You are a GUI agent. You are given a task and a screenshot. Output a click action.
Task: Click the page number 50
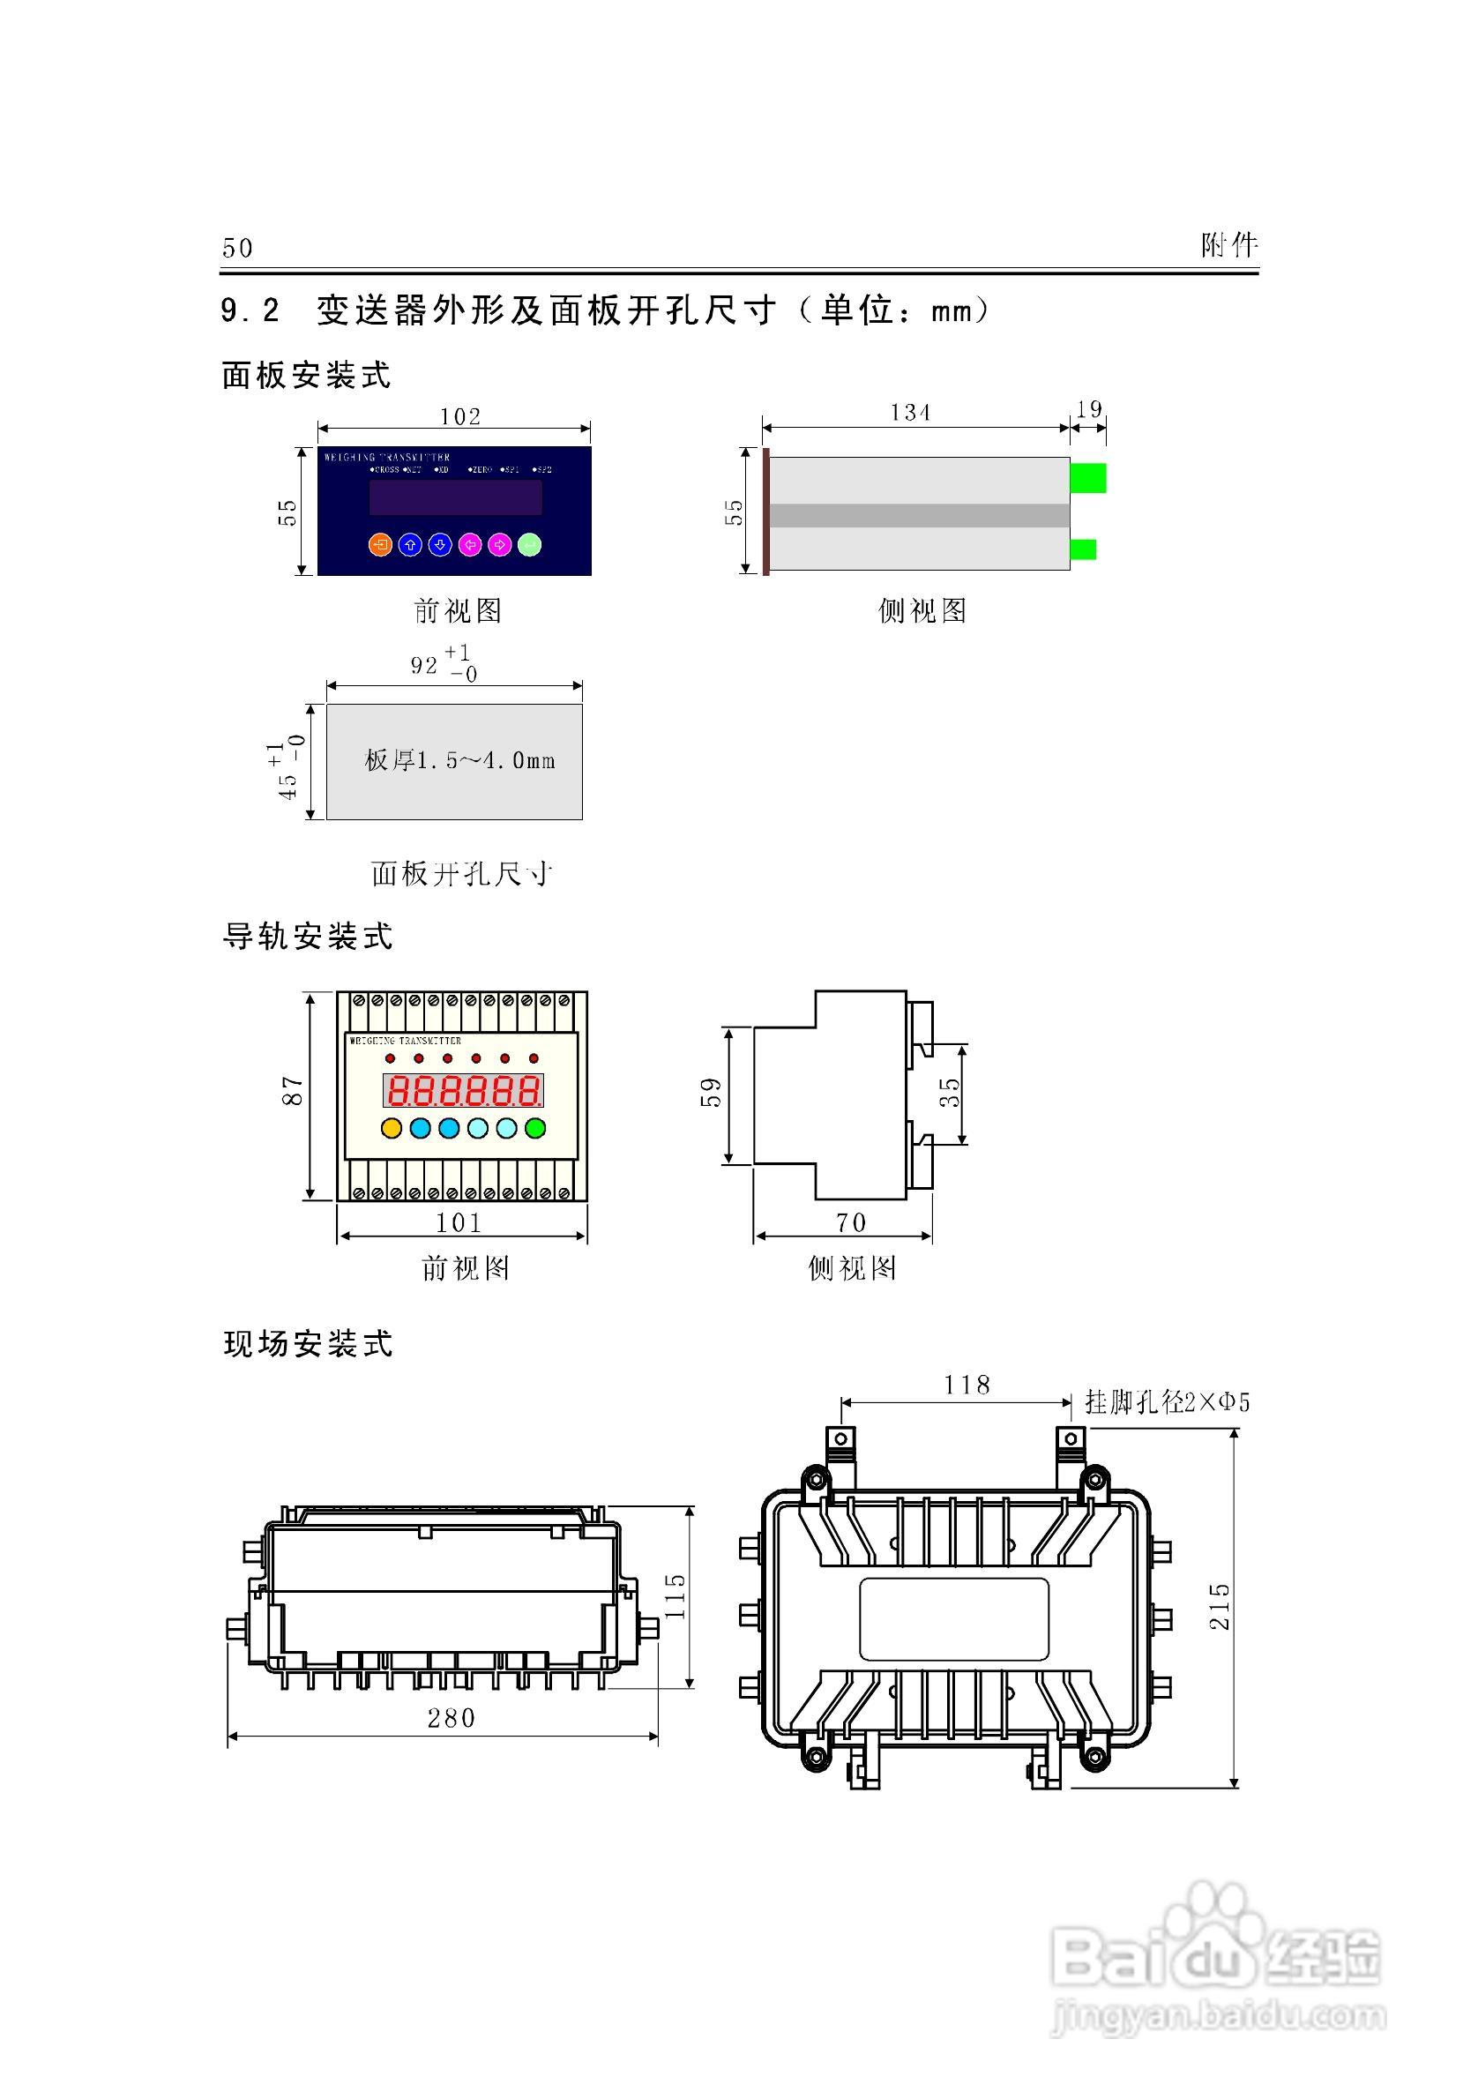coord(237,248)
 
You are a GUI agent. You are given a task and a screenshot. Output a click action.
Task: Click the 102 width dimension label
coord(459,417)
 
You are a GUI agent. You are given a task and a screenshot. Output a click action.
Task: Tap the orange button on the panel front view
coord(380,545)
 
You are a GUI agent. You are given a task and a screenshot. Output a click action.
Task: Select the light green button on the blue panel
coord(529,545)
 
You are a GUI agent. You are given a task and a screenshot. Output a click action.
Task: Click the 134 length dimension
coord(910,414)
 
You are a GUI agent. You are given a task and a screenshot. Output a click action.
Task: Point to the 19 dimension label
coord(1088,409)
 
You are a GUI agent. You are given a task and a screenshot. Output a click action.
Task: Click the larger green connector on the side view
coord(1087,478)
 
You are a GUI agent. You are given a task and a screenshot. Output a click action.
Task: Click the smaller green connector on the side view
coord(1083,549)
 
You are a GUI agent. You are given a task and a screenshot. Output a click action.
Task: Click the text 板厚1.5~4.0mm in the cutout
coord(459,760)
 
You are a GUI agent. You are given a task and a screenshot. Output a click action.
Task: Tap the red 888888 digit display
coord(462,1091)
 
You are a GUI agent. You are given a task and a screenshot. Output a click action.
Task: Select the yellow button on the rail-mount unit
coord(392,1128)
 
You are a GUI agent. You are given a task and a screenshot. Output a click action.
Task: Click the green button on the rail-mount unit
coord(535,1128)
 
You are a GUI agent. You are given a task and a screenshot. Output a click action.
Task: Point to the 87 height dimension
coord(292,1091)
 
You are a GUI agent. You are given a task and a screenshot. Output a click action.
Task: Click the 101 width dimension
coord(459,1222)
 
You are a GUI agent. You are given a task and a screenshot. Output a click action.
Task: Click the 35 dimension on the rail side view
coord(951,1092)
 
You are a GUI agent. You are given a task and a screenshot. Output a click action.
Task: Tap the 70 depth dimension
coord(851,1222)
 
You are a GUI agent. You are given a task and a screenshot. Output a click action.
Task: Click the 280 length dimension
coord(452,1719)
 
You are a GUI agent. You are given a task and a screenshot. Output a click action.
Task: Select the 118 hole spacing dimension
coord(967,1385)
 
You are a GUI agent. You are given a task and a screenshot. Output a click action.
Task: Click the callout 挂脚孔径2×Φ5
coord(1168,1402)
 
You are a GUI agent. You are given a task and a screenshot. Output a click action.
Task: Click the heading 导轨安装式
coord(308,936)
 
